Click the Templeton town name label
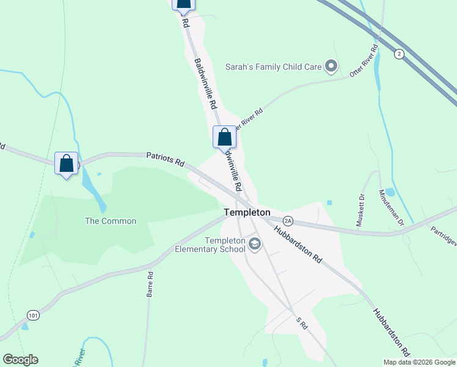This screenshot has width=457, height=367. tap(247, 212)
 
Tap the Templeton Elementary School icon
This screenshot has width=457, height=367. tap(255, 245)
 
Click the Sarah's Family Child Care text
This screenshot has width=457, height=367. tap(274, 67)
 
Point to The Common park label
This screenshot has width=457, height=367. tap(111, 221)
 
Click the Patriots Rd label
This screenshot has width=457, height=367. tap(165, 160)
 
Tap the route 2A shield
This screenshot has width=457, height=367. tap(288, 220)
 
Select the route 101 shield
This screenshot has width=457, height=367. tap(34, 315)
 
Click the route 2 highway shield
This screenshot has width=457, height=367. tap(399, 53)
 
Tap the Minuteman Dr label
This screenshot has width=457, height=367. tap(392, 207)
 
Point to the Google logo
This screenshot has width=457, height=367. tap(20, 360)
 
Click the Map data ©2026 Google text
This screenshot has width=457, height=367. tap(419, 362)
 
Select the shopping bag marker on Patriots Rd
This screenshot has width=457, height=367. tap(67, 164)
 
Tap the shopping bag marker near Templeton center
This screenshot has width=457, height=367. tap(224, 137)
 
